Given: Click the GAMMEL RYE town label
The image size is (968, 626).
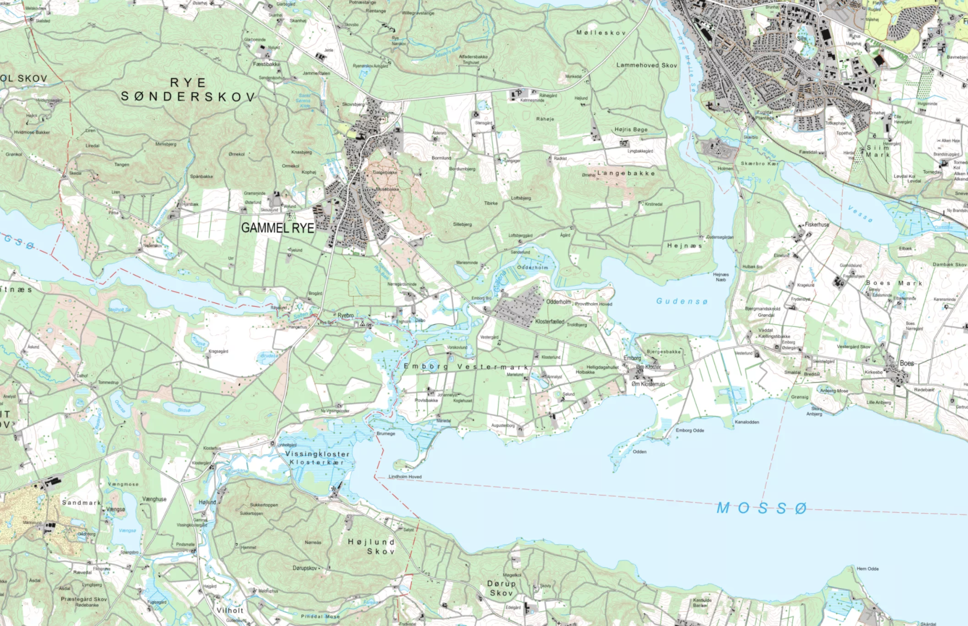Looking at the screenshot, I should point(278,228).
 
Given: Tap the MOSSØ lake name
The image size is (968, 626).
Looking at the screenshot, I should point(761,508).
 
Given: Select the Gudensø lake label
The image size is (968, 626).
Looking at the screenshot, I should point(681,301).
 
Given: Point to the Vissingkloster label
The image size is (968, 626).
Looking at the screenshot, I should point(317,454).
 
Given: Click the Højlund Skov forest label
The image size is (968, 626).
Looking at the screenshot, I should point(372,546).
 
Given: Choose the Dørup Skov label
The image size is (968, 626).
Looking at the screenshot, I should point(501,588).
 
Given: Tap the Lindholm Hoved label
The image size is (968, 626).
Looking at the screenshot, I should point(405,476).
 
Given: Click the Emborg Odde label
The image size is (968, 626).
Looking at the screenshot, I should point(690,430).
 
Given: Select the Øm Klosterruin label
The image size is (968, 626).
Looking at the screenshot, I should point(648,384).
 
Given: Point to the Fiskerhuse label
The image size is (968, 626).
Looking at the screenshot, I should point(817,225).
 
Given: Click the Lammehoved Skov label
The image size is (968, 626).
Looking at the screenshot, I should point(646,65).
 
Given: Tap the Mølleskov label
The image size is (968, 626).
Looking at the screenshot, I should point(601,33).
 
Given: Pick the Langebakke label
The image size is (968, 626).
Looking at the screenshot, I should point(626,173).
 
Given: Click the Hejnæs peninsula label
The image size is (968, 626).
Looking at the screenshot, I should point(684,245).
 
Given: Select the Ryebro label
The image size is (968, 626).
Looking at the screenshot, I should point(345,315).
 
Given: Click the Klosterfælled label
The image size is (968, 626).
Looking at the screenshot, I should point(550,321).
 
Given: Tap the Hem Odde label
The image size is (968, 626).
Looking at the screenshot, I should point(867,569).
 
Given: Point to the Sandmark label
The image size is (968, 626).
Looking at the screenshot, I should point(81,503).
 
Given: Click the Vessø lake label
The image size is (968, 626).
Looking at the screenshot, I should point(860,214).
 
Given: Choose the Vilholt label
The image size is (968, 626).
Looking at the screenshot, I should point(230,610).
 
